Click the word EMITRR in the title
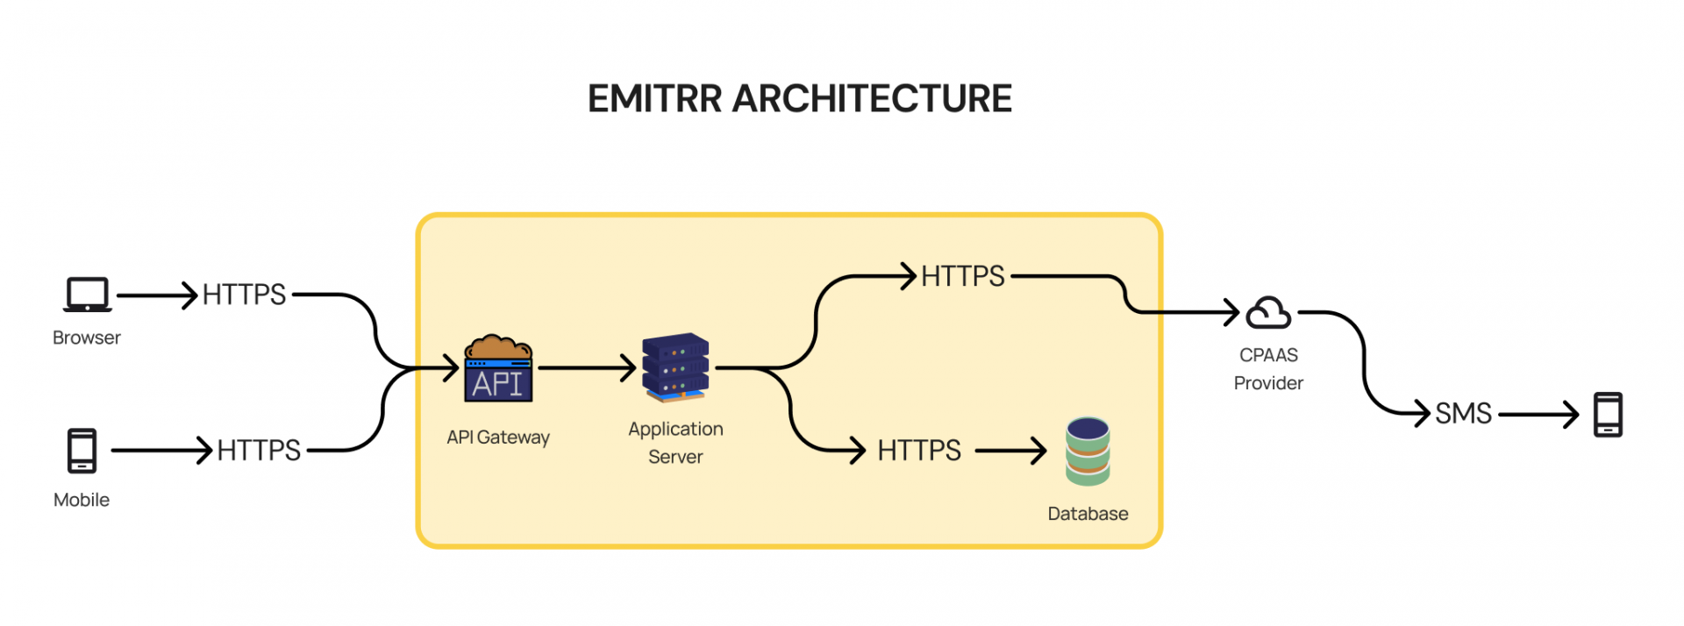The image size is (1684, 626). tap(654, 98)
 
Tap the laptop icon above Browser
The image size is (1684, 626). tap(88, 295)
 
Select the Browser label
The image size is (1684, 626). tap(86, 338)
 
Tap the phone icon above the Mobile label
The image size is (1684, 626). tap(82, 451)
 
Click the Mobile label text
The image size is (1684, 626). tap(82, 500)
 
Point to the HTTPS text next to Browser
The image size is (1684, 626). tap(244, 295)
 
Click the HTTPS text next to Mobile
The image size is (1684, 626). tap(259, 451)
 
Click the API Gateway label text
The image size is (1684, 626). tap(498, 437)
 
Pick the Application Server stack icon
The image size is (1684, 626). tap(675, 367)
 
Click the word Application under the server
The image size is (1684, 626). tap(675, 429)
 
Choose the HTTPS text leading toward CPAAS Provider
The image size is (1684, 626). tap(962, 276)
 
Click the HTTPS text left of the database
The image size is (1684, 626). tap(919, 451)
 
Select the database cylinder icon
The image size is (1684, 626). tap(1088, 451)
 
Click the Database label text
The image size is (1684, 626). tap(1088, 514)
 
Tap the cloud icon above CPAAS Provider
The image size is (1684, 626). tap(1268, 313)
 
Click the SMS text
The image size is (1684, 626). tap(1463, 413)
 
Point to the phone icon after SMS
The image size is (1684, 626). tap(1608, 414)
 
